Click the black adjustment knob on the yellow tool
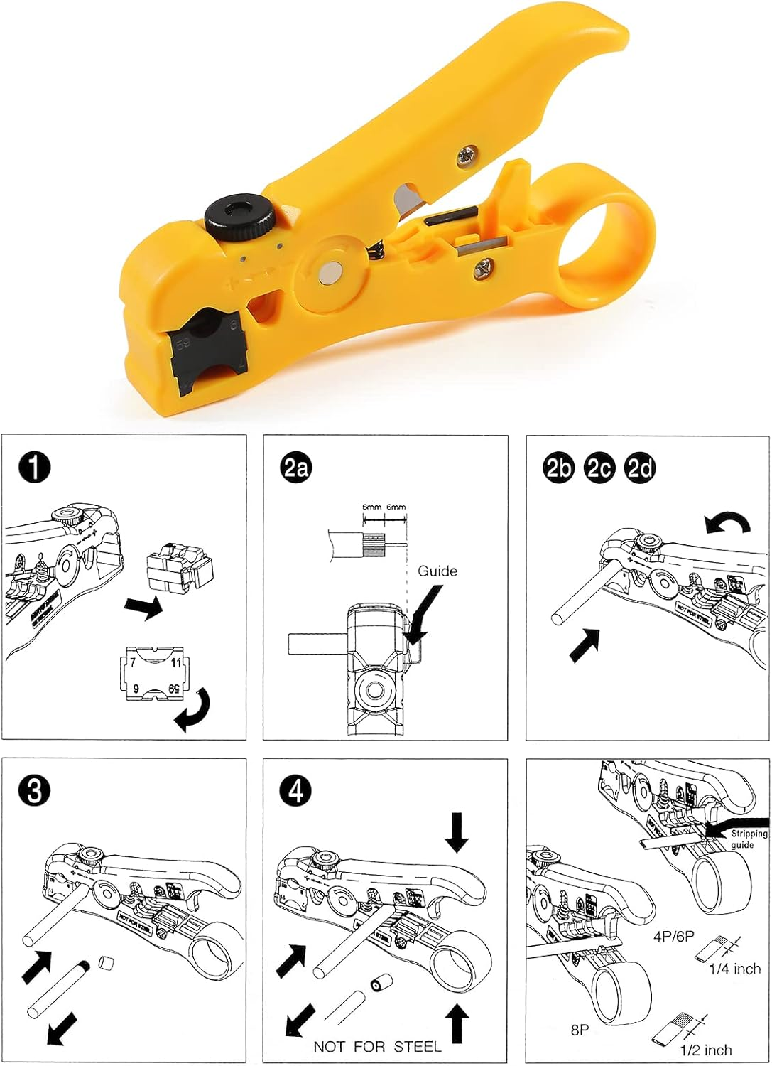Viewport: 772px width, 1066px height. [241, 215]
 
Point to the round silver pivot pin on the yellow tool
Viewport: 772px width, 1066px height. [331, 271]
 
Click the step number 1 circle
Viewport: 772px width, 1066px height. [34, 468]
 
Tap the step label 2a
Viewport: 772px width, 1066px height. [296, 468]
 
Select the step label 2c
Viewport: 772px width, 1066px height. [599, 468]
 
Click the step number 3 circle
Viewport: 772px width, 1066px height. [34, 791]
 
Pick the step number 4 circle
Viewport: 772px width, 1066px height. [296, 791]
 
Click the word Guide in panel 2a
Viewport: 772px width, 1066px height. [437, 571]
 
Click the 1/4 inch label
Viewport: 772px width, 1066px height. [734, 969]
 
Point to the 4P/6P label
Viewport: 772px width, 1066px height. [673, 937]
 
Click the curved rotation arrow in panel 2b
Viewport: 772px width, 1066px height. [727, 524]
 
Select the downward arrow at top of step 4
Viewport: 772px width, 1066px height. [457, 831]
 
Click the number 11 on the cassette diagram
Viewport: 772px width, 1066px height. [175, 662]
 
